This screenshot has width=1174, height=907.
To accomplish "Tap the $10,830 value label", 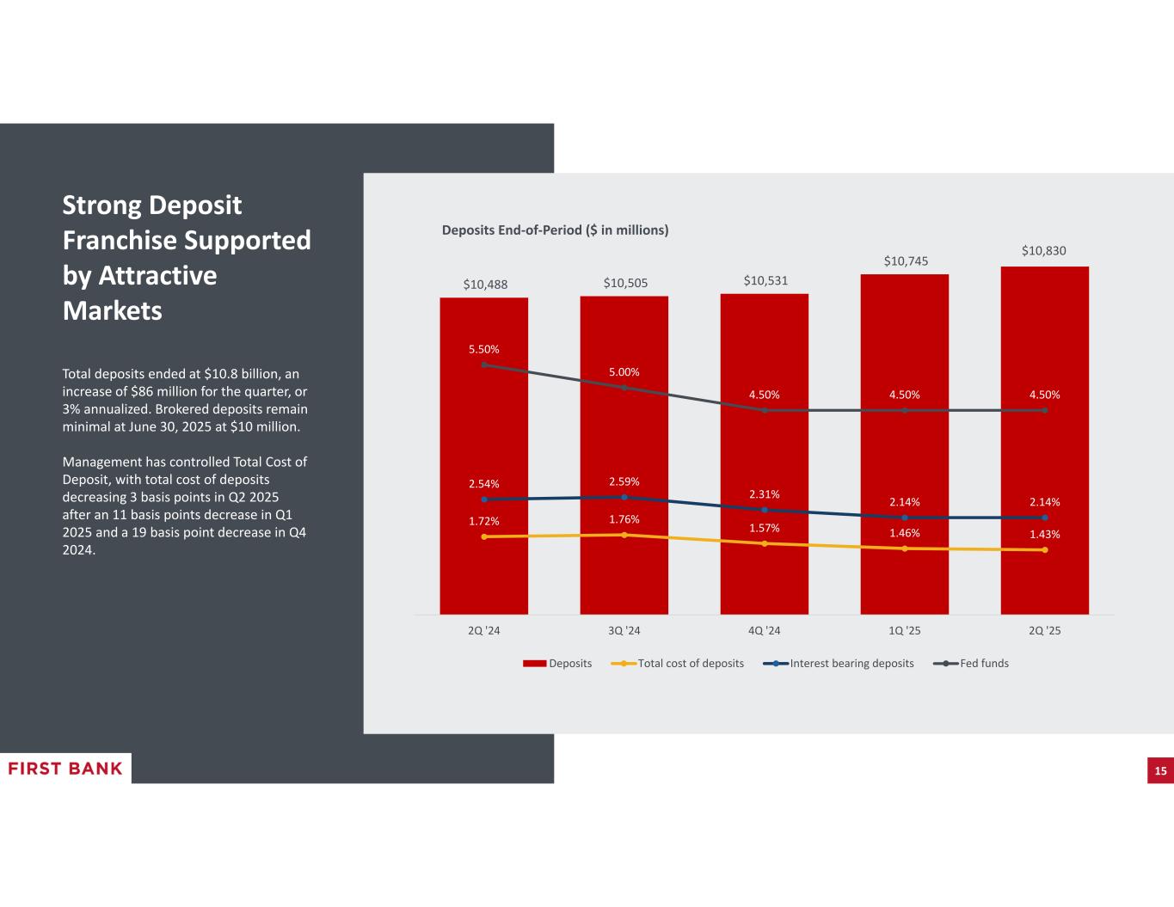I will click(1043, 251).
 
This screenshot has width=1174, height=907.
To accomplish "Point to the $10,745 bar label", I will click(906, 260).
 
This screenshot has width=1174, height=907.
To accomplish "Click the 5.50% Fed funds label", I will click(483, 349).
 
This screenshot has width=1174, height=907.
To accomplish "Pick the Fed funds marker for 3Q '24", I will click(624, 388).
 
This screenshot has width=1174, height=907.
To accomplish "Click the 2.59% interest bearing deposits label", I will click(624, 481).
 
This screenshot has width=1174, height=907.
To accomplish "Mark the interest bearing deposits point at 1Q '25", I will click(905, 518).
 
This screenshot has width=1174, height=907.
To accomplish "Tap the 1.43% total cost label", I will click(1044, 534).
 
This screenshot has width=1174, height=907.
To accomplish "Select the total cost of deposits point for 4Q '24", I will click(765, 543).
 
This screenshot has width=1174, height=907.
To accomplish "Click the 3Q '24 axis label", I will click(624, 630).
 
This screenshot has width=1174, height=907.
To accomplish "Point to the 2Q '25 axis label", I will click(1044, 630).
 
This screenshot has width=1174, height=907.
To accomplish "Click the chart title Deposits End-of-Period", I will click(555, 230).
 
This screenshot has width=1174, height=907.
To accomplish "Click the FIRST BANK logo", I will click(65, 769).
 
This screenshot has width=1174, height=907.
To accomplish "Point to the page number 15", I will click(1160, 771).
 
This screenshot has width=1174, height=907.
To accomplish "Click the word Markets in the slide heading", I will click(112, 310).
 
